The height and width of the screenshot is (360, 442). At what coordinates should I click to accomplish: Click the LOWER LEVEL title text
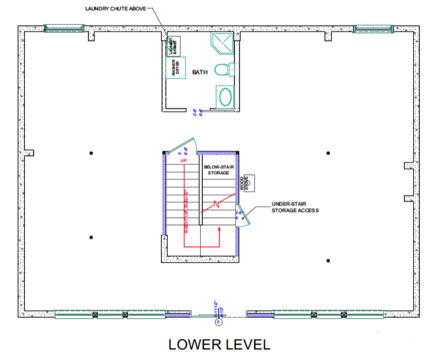219,345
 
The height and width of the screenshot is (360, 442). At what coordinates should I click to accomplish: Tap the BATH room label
199,72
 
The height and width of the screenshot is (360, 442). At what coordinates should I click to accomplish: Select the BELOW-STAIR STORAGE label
218,170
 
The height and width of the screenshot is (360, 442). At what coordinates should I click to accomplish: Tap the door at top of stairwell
181,146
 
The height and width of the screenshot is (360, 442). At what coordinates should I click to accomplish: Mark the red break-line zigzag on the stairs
217,203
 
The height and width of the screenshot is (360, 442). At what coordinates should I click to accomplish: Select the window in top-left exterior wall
64,28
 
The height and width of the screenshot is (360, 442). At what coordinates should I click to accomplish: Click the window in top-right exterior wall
372,28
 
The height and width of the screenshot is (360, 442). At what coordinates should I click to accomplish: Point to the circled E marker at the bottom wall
218,321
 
